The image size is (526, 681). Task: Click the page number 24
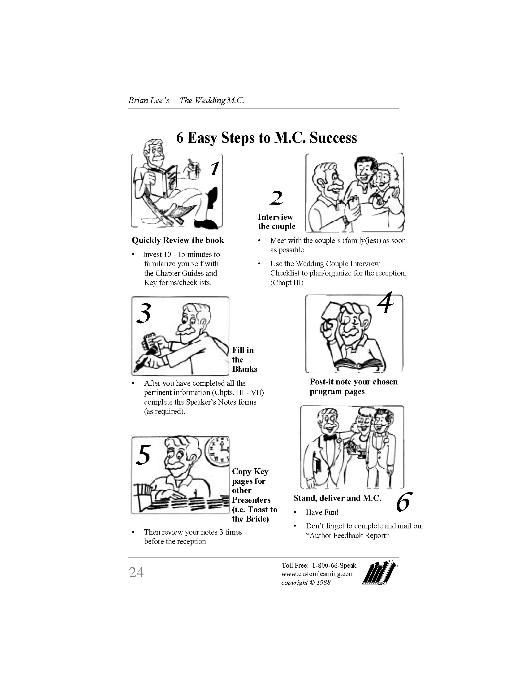(136, 572)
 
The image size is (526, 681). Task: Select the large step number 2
(276, 198)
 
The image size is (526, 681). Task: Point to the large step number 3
(144, 313)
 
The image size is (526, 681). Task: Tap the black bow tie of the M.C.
(330, 437)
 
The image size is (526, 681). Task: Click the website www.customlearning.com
(317, 574)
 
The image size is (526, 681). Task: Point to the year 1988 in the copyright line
(323, 583)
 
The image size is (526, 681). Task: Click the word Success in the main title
(333, 138)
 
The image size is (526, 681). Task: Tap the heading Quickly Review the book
(178, 240)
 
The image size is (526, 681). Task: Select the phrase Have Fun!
(322, 512)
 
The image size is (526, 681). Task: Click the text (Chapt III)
(287, 283)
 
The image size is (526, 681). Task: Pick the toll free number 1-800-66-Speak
(334, 565)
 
